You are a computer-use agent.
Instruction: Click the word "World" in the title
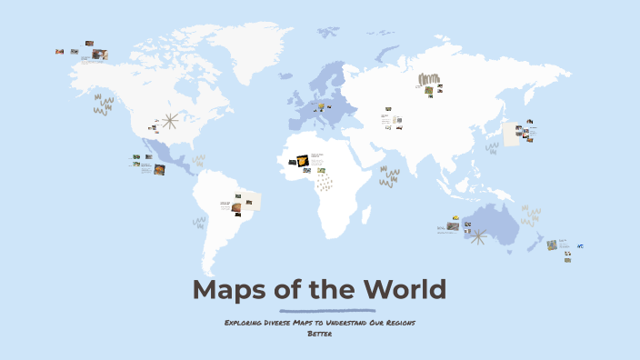[x=405, y=290]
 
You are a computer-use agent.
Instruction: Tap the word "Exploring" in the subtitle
[x=245, y=323]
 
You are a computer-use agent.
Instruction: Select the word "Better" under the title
[x=319, y=334]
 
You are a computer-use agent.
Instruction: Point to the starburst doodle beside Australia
[x=477, y=236]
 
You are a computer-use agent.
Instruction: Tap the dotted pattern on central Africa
[x=325, y=183]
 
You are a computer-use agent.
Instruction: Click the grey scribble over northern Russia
[x=428, y=79]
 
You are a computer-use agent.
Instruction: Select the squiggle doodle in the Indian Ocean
[x=389, y=175]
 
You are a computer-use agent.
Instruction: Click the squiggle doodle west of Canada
[x=103, y=105]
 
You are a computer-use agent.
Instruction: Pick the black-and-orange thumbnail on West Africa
[x=303, y=161]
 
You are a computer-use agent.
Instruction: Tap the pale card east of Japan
[x=512, y=135]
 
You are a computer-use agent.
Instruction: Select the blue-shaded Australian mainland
[x=496, y=224]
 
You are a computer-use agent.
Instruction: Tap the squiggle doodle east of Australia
[x=530, y=215]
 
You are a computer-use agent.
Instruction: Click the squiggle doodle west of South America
[x=199, y=221]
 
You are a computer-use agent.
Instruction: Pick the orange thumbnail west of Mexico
[x=159, y=169]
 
